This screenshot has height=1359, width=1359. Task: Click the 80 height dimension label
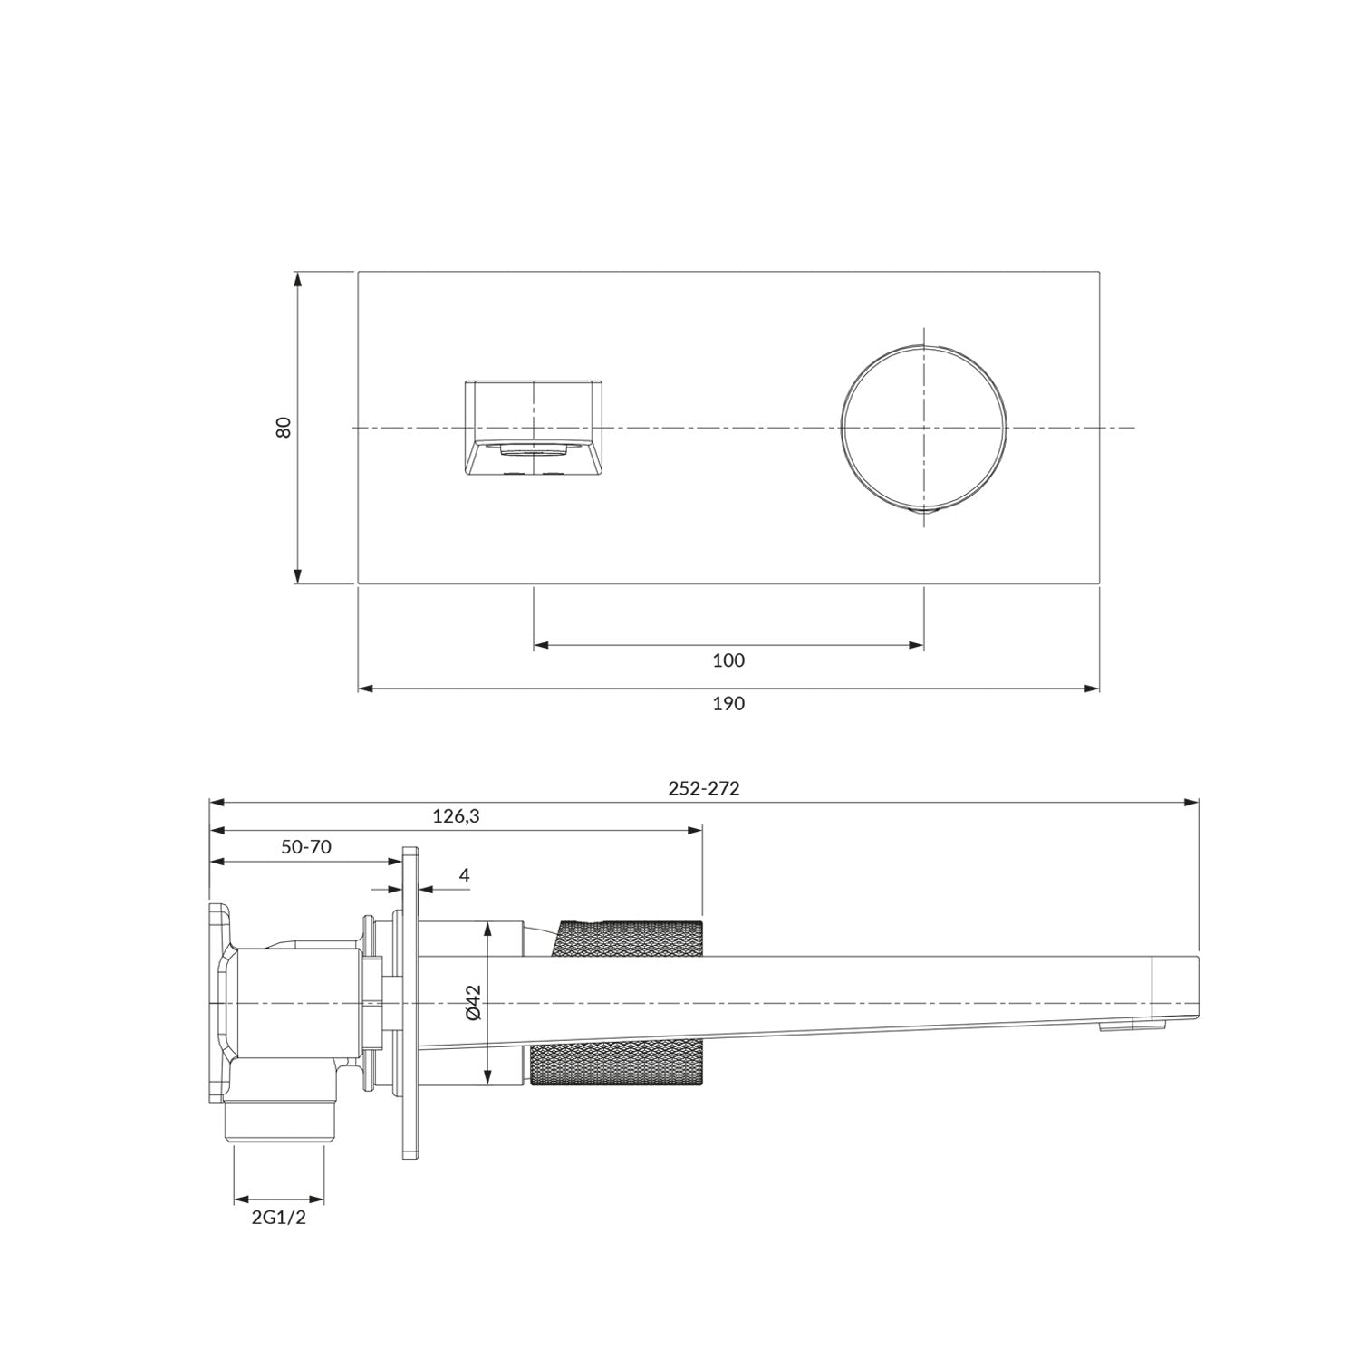pos(284,427)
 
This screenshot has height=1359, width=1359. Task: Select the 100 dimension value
pos(728,660)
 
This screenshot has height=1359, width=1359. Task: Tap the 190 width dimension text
pos(728,703)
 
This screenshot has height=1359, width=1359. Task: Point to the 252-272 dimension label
pos(704,788)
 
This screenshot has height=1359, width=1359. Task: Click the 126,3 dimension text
pos(456,816)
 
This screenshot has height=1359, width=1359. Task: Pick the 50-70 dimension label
pos(306,847)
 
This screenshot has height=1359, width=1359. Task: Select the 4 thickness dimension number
pos(465,875)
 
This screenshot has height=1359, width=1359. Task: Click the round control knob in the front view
pos(923,428)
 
